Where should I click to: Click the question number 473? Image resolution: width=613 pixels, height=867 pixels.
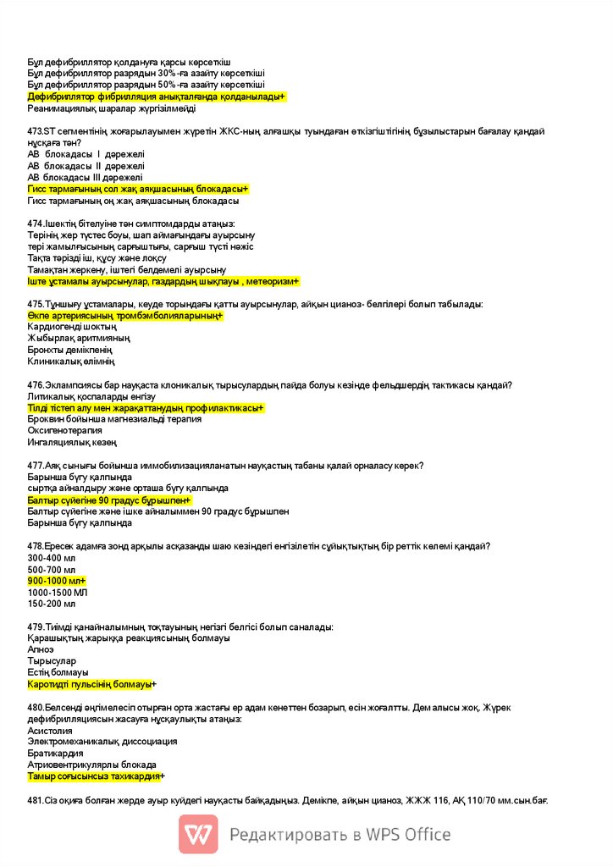[x=36, y=131]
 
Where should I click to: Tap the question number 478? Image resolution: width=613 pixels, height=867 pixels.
[x=36, y=546]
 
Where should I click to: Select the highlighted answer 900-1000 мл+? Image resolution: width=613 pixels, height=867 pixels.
[x=57, y=581]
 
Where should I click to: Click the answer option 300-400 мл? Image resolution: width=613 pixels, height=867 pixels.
[x=52, y=558]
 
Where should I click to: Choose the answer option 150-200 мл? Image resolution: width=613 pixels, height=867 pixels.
[x=52, y=604]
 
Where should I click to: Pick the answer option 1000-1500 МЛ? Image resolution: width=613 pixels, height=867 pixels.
[x=58, y=593]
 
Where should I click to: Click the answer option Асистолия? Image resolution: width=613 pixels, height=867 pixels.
[x=50, y=730]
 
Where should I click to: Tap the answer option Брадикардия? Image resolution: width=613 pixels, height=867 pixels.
[x=55, y=753]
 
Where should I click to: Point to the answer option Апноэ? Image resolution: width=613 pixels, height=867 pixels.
[x=41, y=649]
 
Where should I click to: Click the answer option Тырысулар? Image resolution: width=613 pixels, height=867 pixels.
[x=52, y=660]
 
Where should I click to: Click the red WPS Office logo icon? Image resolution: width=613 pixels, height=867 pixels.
[x=198, y=834]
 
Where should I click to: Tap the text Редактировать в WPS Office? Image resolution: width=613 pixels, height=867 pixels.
[x=340, y=835]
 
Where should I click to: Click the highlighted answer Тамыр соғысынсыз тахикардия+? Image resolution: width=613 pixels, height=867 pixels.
[x=97, y=776]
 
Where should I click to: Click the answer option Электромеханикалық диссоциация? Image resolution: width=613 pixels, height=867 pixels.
[x=102, y=741]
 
